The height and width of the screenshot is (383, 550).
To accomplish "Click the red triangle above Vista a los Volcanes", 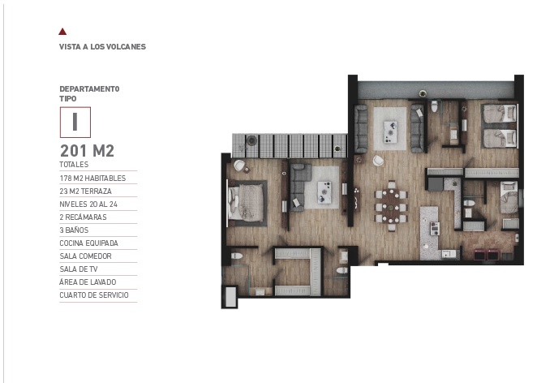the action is pyautogui.click(x=62, y=32).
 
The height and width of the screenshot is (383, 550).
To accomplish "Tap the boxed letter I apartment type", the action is pyautogui.click(x=75, y=122).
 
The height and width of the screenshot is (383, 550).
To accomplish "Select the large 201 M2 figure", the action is pyautogui.click(x=88, y=151).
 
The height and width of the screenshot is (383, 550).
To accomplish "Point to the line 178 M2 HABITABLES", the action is pyautogui.click(x=92, y=179).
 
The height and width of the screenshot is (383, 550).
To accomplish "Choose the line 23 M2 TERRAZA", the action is pyautogui.click(x=86, y=191).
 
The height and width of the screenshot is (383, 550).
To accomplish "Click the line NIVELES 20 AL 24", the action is pyautogui.click(x=88, y=204).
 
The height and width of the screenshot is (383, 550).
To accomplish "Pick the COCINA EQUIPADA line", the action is pyautogui.click(x=88, y=243).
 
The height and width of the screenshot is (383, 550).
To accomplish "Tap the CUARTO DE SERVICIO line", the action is pyautogui.click(x=94, y=295).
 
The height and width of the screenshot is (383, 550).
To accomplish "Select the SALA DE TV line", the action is pyautogui.click(x=79, y=269).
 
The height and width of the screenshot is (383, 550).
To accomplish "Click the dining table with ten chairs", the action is pyautogui.click(x=391, y=206).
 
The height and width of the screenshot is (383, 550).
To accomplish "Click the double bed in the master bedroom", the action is pyautogui.click(x=246, y=203).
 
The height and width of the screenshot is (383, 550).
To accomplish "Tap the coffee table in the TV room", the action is pyautogui.click(x=324, y=192).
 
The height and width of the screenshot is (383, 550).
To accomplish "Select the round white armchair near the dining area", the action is pyautogui.click(x=378, y=161).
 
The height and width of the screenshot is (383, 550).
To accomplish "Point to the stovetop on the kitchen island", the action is pyautogui.click(x=435, y=229).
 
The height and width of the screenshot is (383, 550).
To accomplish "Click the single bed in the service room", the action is pyautogui.click(x=509, y=197).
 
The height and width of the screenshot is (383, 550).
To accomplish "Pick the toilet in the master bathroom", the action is pyautogui.click(x=237, y=256).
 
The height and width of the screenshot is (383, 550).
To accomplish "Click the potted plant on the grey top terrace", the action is pyautogui.click(x=423, y=93).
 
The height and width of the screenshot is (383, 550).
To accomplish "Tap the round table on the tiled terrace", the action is pyautogui.click(x=251, y=140).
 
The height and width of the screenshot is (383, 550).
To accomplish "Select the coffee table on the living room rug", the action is pyautogui.click(x=390, y=132).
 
